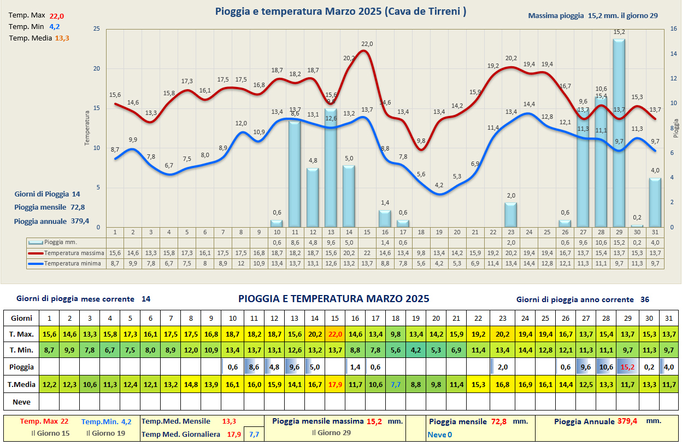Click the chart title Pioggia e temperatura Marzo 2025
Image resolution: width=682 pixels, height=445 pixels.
(x=340, y=11)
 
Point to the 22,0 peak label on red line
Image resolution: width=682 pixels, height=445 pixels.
(x=367, y=44)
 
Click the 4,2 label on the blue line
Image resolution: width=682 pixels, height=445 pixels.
(x=439, y=185)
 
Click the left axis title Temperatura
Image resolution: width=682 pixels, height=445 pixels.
(x=86, y=128)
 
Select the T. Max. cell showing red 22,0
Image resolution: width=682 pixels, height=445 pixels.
(x=335, y=334)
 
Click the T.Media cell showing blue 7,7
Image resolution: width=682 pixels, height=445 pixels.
(x=396, y=385)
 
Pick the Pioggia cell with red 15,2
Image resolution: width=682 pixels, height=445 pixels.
(x=626, y=367)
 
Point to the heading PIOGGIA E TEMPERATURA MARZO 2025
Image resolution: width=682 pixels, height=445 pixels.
(x=333, y=299)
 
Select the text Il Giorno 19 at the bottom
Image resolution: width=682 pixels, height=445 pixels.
(x=105, y=433)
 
